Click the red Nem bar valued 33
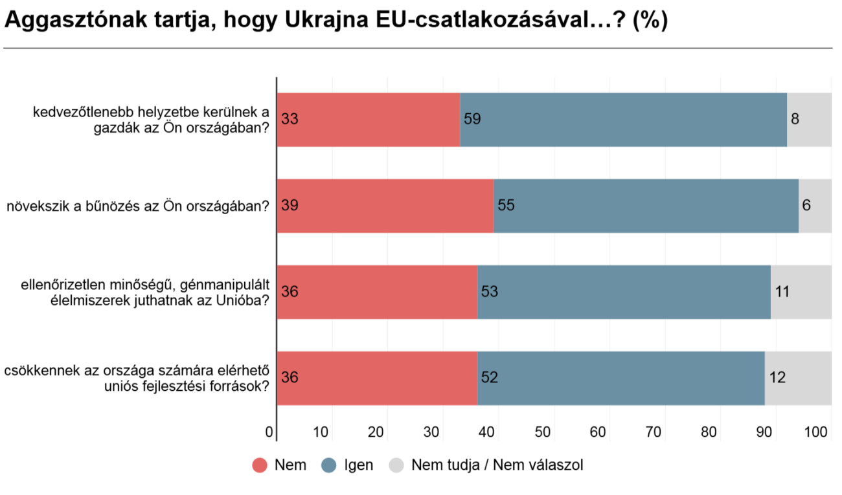click(368, 120)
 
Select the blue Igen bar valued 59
click(623, 120)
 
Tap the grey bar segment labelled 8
click(809, 120)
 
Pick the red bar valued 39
click(385, 206)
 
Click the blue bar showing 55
click(646, 206)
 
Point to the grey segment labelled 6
click(815, 206)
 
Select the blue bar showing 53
click(624, 292)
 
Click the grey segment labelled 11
click(801, 292)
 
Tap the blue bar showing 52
click(620, 378)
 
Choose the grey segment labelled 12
click(798, 378)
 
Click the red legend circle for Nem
click(260, 465)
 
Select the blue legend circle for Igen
click(328, 465)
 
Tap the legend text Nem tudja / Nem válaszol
click(497, 465)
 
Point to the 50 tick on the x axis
click(543, 432)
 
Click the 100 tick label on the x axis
click(821, 432)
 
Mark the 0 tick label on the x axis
click(269, 432)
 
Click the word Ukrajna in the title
click(330, 21)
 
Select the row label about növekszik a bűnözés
click(138, 206)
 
